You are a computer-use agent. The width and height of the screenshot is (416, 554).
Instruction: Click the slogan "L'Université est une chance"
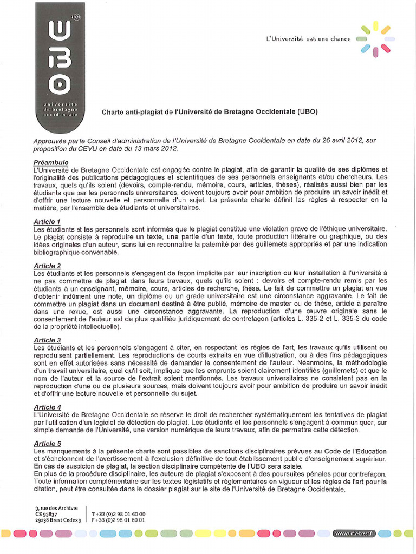pos(308,39)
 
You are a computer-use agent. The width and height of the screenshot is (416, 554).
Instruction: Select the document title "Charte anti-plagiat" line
pos(210,113)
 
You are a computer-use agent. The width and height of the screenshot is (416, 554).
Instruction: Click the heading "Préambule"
pos(50,162)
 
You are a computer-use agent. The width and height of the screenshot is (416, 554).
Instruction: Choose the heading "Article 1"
pos(47,222)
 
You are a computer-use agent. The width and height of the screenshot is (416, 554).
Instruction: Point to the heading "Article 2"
pos(47,266)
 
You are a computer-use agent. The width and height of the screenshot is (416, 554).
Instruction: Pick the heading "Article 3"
pos(47,340)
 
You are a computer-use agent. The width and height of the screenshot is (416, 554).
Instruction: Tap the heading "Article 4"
pos(47,407)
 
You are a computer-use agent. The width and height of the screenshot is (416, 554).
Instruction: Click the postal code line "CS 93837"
pos(45,514)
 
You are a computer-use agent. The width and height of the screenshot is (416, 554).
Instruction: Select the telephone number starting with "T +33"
pos(119,514)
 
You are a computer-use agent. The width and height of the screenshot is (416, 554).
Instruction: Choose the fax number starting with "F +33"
pos(119,520)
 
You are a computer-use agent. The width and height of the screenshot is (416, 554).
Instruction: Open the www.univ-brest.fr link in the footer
pos(355,533)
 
